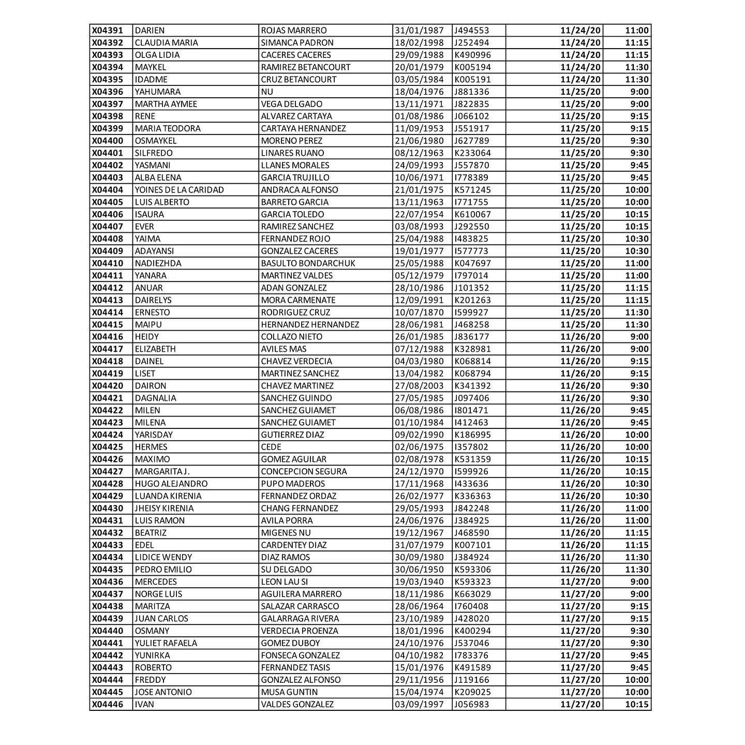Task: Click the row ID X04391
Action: click(x=108, y=31)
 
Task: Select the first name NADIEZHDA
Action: click(x=158, y=263)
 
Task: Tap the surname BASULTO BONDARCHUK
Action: click(x=308, y=263)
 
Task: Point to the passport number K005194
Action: click(x=472, y=67)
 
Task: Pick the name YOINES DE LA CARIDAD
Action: click(x=179, y=190)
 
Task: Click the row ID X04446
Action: click(x=108, y=704)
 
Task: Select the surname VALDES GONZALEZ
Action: click(x=297, y=704)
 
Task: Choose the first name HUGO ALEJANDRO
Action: click(x=171, y=484)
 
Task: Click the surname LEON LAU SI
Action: click(x=284, y=582)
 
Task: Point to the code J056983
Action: click(x=471, y=704)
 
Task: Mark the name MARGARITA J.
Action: click(x=162, y=471)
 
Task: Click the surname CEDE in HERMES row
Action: click(x=271, y=447)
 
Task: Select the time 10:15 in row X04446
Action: click(x=636, y=704)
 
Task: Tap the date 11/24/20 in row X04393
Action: click(x=580, y=55)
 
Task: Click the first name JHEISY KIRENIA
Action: click(x=164, y=509)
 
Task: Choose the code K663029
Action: click(x=472, y=594)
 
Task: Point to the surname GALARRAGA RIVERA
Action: click(x=300, y=619)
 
